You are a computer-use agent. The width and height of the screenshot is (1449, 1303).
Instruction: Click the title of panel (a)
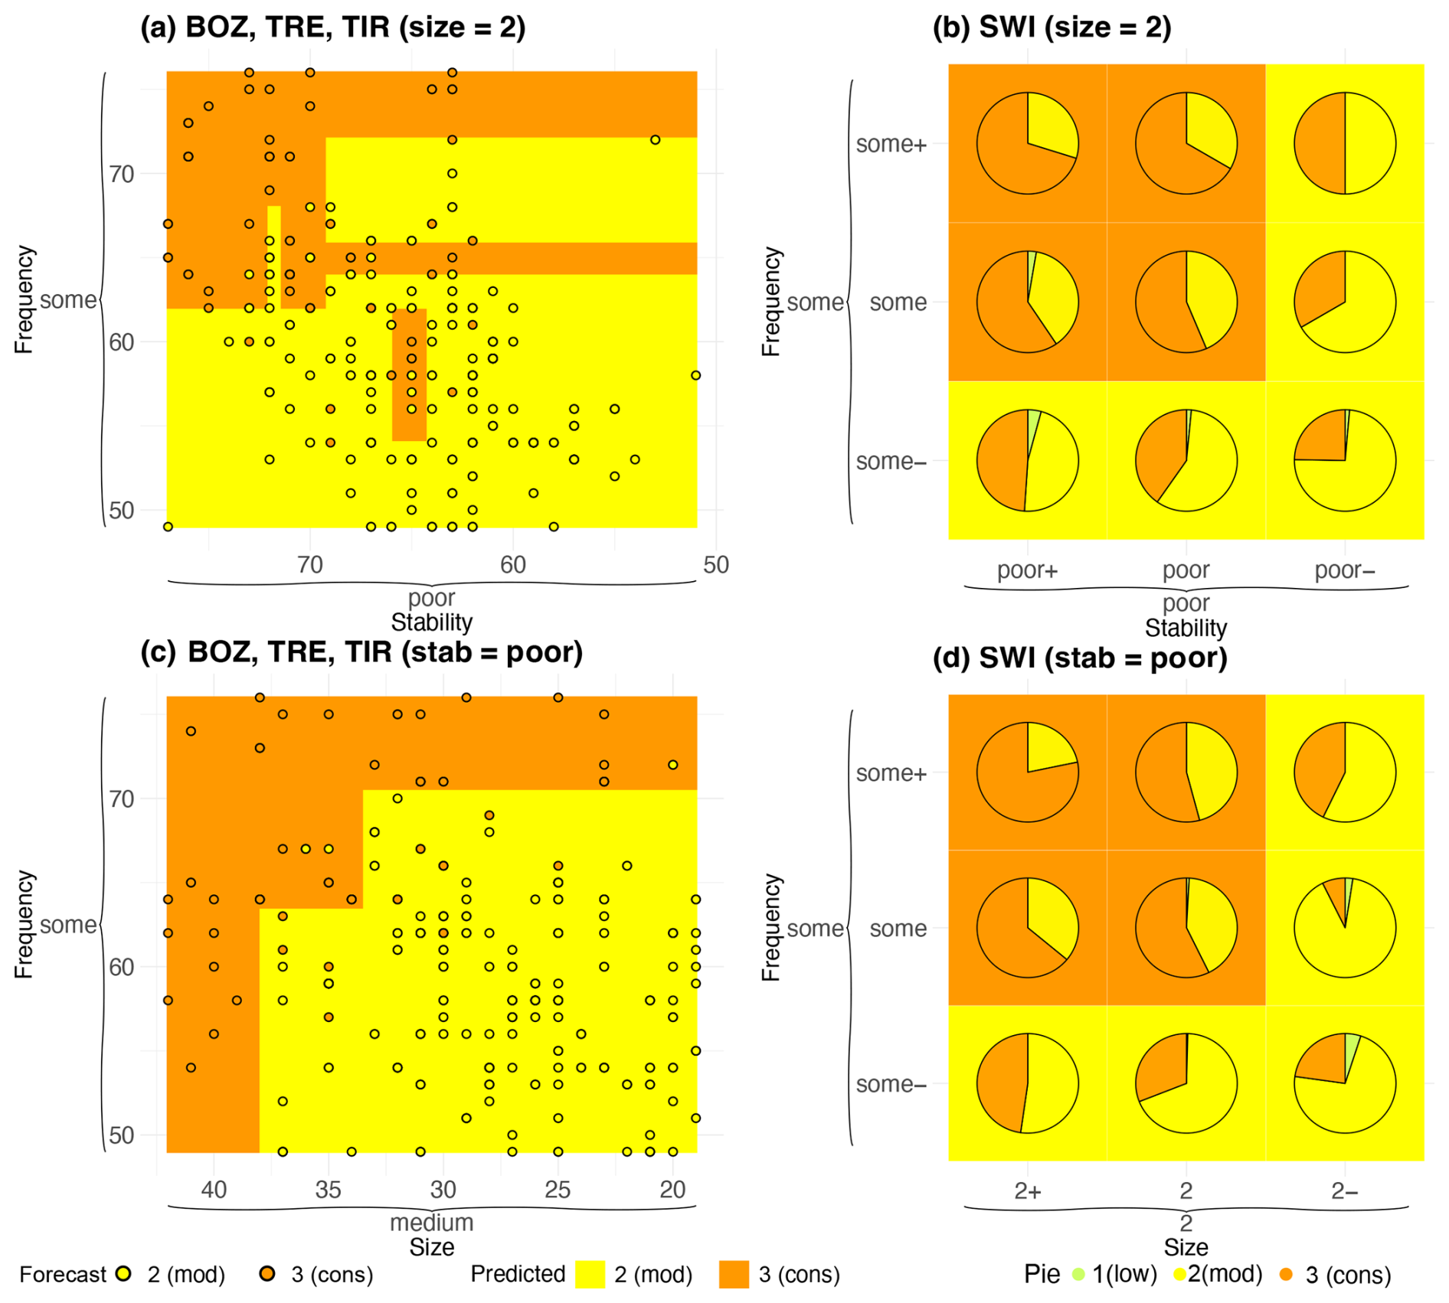332,28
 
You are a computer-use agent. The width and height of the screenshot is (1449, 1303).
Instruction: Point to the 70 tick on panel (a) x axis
309,565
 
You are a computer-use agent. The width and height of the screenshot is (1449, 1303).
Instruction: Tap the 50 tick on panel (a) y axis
121,511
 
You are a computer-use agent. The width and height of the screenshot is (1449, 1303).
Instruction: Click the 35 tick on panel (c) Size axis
328,1190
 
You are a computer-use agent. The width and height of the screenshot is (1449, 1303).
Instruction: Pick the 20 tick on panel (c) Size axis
672,1190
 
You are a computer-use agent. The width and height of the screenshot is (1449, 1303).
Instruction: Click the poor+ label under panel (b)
1027,570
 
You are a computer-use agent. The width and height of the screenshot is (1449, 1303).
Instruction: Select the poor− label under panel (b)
1345,570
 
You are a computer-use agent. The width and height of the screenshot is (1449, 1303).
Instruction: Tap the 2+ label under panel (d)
1027,1191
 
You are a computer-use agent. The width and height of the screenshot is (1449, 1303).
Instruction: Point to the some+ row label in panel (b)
891,144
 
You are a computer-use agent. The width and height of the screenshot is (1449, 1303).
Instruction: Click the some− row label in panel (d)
891,1084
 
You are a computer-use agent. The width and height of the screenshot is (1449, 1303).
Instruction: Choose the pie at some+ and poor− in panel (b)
1345,143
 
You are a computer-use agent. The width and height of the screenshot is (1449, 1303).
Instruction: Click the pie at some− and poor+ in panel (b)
1027,460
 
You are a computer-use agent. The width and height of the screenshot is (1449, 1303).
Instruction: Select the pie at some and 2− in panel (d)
1345,928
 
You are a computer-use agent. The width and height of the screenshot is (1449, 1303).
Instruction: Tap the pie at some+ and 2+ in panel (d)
1027,772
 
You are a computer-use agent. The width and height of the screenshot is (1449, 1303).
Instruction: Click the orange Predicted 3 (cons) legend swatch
734,1275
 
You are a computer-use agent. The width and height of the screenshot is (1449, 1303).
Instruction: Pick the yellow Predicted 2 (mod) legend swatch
590,1275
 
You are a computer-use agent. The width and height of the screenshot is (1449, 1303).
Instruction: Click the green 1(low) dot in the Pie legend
1079,1275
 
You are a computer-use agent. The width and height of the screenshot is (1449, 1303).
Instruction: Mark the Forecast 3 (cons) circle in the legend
267,1274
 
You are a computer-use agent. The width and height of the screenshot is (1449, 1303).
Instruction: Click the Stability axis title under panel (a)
431,622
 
